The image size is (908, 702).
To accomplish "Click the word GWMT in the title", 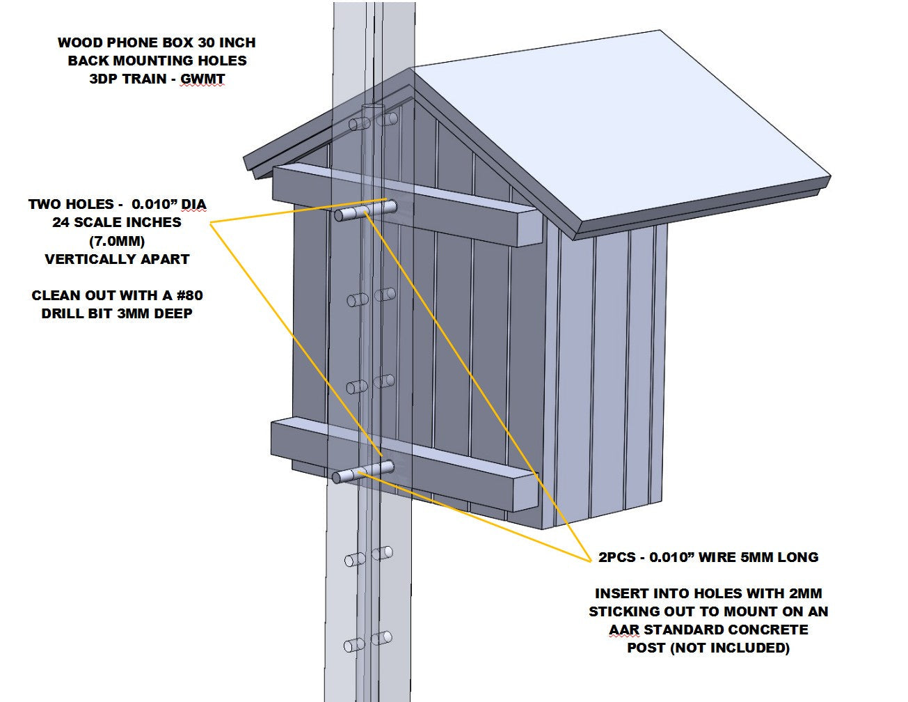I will (202, 79).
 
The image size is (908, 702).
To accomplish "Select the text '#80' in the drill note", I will (187, 295).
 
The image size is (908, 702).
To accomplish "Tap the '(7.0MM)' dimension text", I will (117, 241).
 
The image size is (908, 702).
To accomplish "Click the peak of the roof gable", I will (412, 70).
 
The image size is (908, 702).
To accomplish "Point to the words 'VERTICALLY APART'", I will (117, 259).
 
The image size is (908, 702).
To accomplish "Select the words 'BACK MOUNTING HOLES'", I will (157, 61).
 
